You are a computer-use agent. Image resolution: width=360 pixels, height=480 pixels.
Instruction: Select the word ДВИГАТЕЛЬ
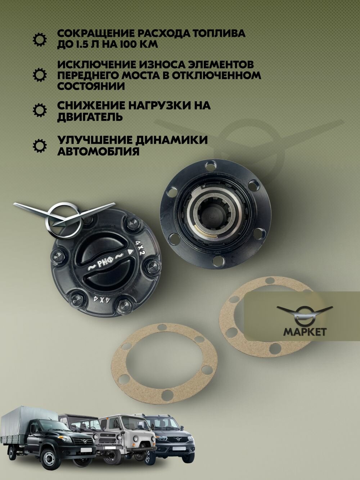point(90,117)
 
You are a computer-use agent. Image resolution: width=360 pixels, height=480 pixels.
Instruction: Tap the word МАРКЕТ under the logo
point(305,331)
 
